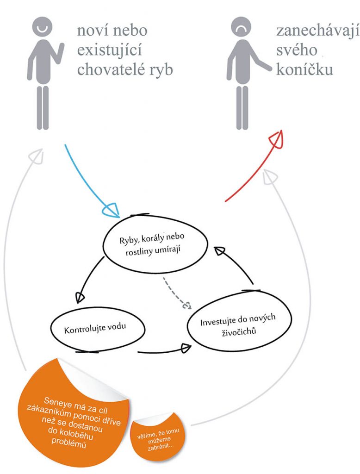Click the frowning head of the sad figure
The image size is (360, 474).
(241, 27)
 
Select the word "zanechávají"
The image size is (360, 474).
(318, 31)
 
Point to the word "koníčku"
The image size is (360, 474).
(304, 69)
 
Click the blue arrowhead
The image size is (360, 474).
(112, 210)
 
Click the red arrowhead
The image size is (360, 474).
(276, 139)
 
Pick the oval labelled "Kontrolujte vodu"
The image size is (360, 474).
(97, 330)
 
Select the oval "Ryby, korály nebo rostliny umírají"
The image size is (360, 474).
(155, 244)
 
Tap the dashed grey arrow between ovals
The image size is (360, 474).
(176, 293)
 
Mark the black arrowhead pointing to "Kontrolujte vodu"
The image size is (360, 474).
(80, 297)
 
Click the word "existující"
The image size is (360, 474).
(109, 50)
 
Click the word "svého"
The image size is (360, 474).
(297, 50)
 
